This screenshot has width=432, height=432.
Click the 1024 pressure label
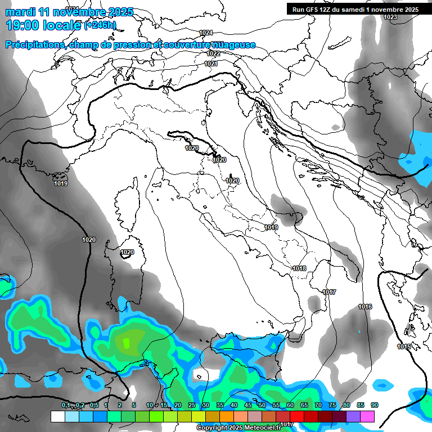click(206, 33)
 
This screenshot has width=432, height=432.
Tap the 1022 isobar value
click(213, 53)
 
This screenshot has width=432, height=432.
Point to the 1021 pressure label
click(211, 64)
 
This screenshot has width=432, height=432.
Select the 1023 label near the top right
click(390, 17)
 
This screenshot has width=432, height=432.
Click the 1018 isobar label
click(299, 268)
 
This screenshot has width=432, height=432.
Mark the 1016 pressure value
click(365, 307)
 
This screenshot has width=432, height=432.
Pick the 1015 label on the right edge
click(403, 346)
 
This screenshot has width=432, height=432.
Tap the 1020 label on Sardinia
click(127, 253)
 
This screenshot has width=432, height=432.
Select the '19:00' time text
click(22, 25)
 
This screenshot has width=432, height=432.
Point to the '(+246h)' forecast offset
click(100, 25)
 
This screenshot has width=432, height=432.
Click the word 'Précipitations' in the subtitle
click(33, 45)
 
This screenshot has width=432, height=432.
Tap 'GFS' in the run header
click(318, 10)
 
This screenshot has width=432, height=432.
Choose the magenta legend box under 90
click(367, 416)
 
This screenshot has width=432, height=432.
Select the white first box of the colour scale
click(58, 416)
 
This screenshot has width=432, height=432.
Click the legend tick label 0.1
click(66, 406)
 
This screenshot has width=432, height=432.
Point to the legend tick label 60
click(290, 406)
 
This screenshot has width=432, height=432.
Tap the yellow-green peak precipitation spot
click(126, 341)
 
